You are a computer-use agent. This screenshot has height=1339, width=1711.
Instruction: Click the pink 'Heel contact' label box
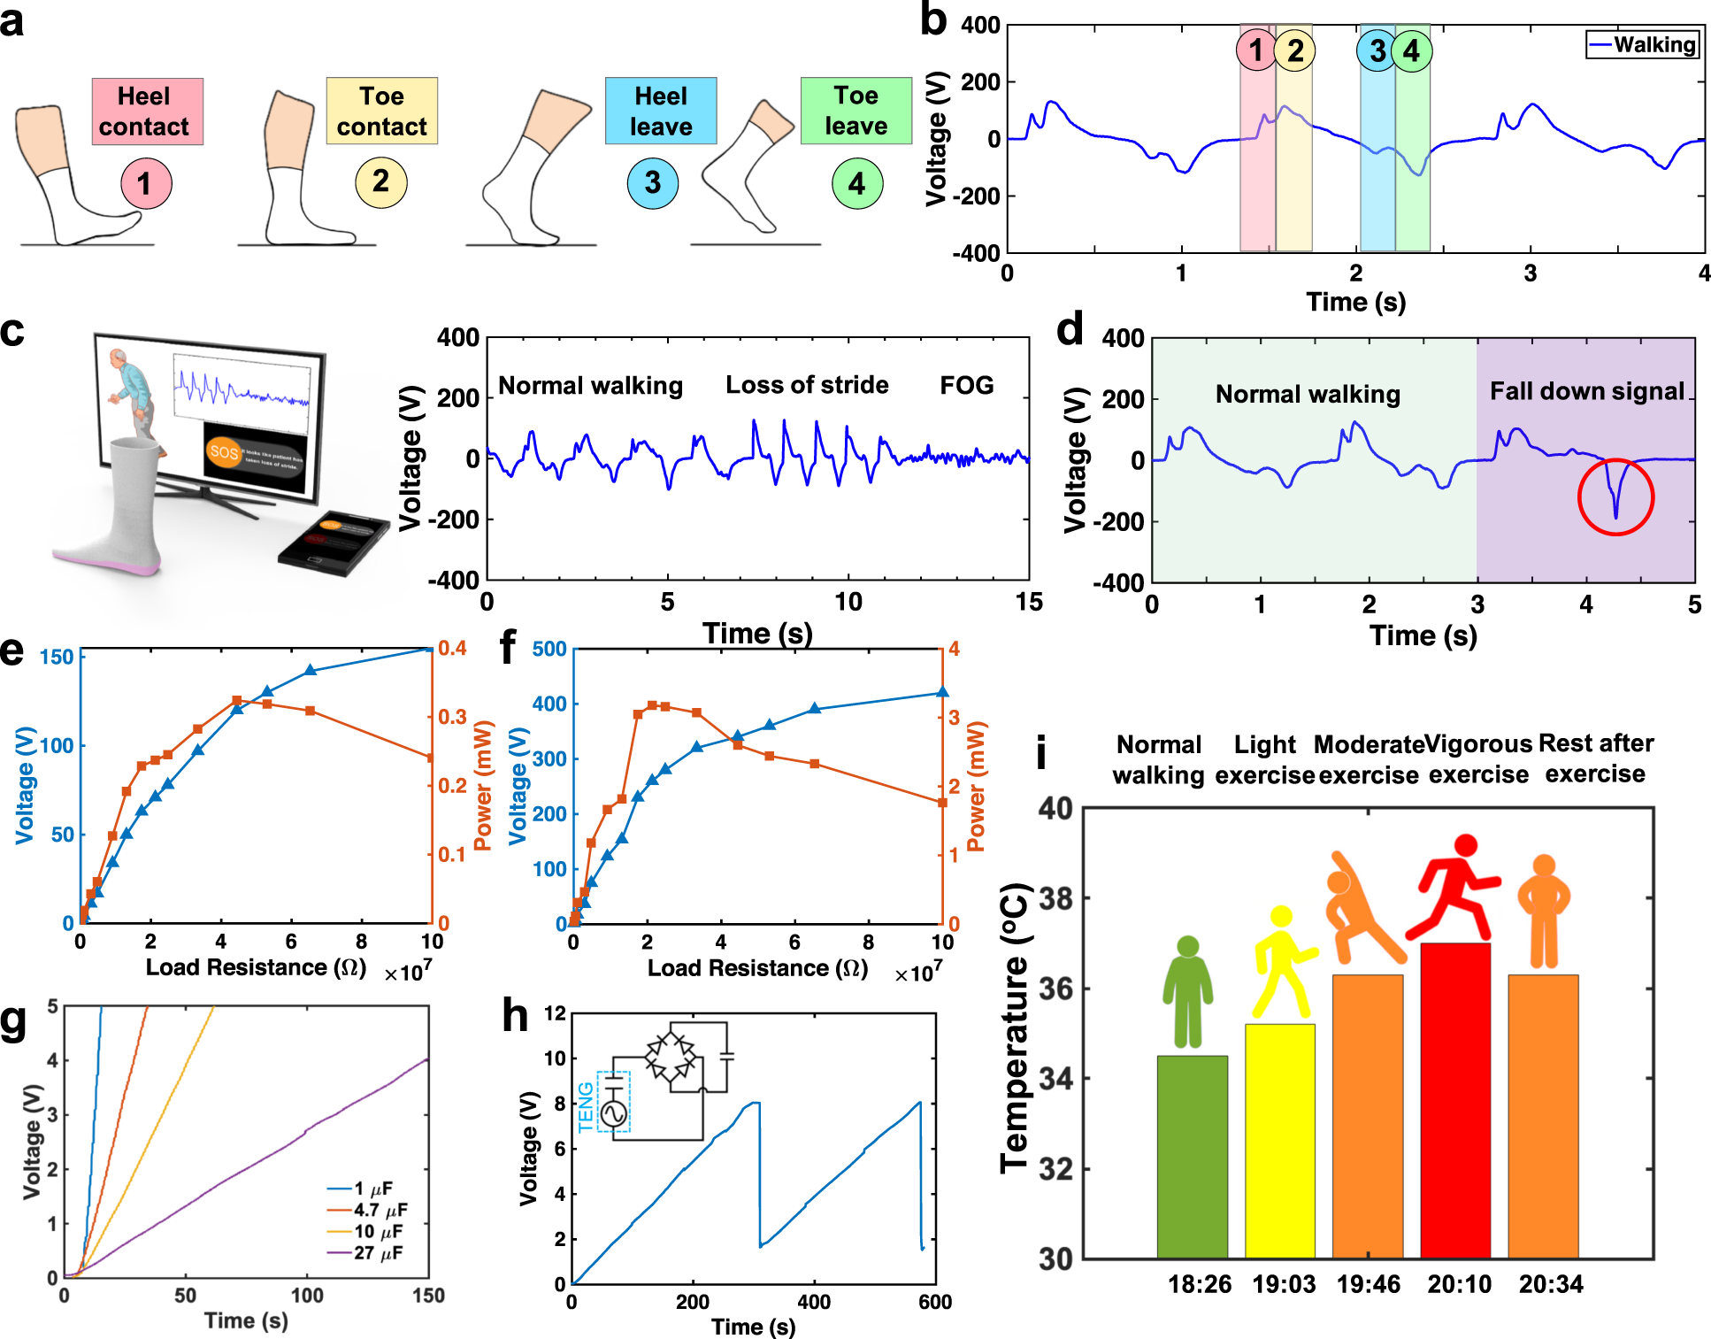(x=147, y=112)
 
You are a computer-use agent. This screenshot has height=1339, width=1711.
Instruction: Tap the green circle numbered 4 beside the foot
(x=856, y=183)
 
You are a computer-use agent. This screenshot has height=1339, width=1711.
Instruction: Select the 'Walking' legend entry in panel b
(x=1643, y=44)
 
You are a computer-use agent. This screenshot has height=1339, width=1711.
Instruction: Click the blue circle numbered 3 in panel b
(x=1377, y=50)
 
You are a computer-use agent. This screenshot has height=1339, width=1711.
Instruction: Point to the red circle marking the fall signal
(x=1615, y=496)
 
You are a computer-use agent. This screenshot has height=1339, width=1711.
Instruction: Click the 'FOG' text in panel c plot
(x=966, y=385)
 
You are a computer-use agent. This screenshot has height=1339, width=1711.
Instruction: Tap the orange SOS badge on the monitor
(x=223, y=452)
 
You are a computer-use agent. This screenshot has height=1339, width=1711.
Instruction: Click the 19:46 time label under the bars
(x=1368, y=1284)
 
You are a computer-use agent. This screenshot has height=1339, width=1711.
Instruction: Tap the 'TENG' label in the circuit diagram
(x=586, y=1106)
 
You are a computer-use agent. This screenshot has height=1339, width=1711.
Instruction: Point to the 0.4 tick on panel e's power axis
(x=452, y=649)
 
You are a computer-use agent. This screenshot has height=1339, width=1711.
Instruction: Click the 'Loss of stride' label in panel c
(x=807, y=385)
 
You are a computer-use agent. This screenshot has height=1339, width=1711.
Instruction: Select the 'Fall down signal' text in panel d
(x=1586, y=391)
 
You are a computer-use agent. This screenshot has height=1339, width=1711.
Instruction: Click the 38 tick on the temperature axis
(x=1055, y=899)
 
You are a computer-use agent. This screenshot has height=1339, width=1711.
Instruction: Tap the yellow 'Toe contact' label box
(x=381, y=112)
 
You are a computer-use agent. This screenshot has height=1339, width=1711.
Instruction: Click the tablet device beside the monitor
(x=334, y=543)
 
